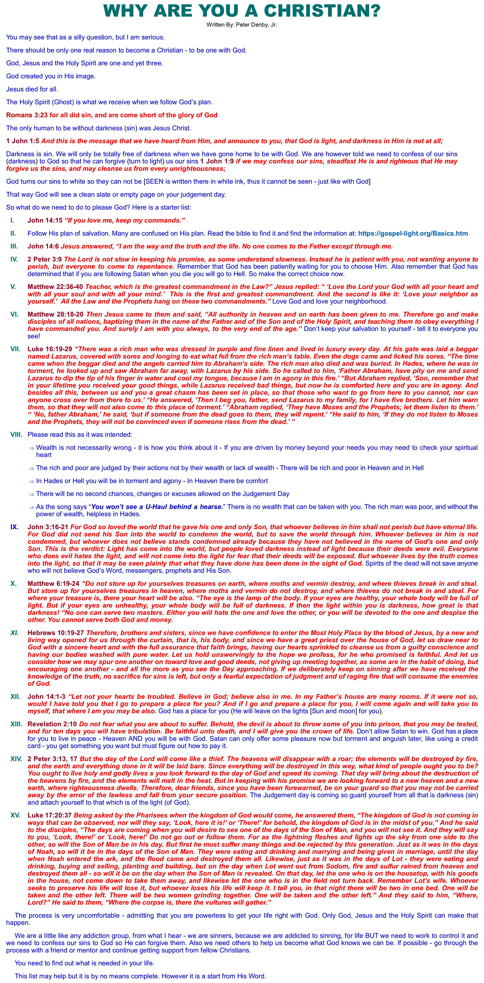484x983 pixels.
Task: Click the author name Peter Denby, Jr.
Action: [x=256, y=25]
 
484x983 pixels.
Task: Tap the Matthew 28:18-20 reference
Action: [x=56, y=314]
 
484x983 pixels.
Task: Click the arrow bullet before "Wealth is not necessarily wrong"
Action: [x=32, y=448]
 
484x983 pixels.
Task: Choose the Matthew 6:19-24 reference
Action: [x=54, y=584]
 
